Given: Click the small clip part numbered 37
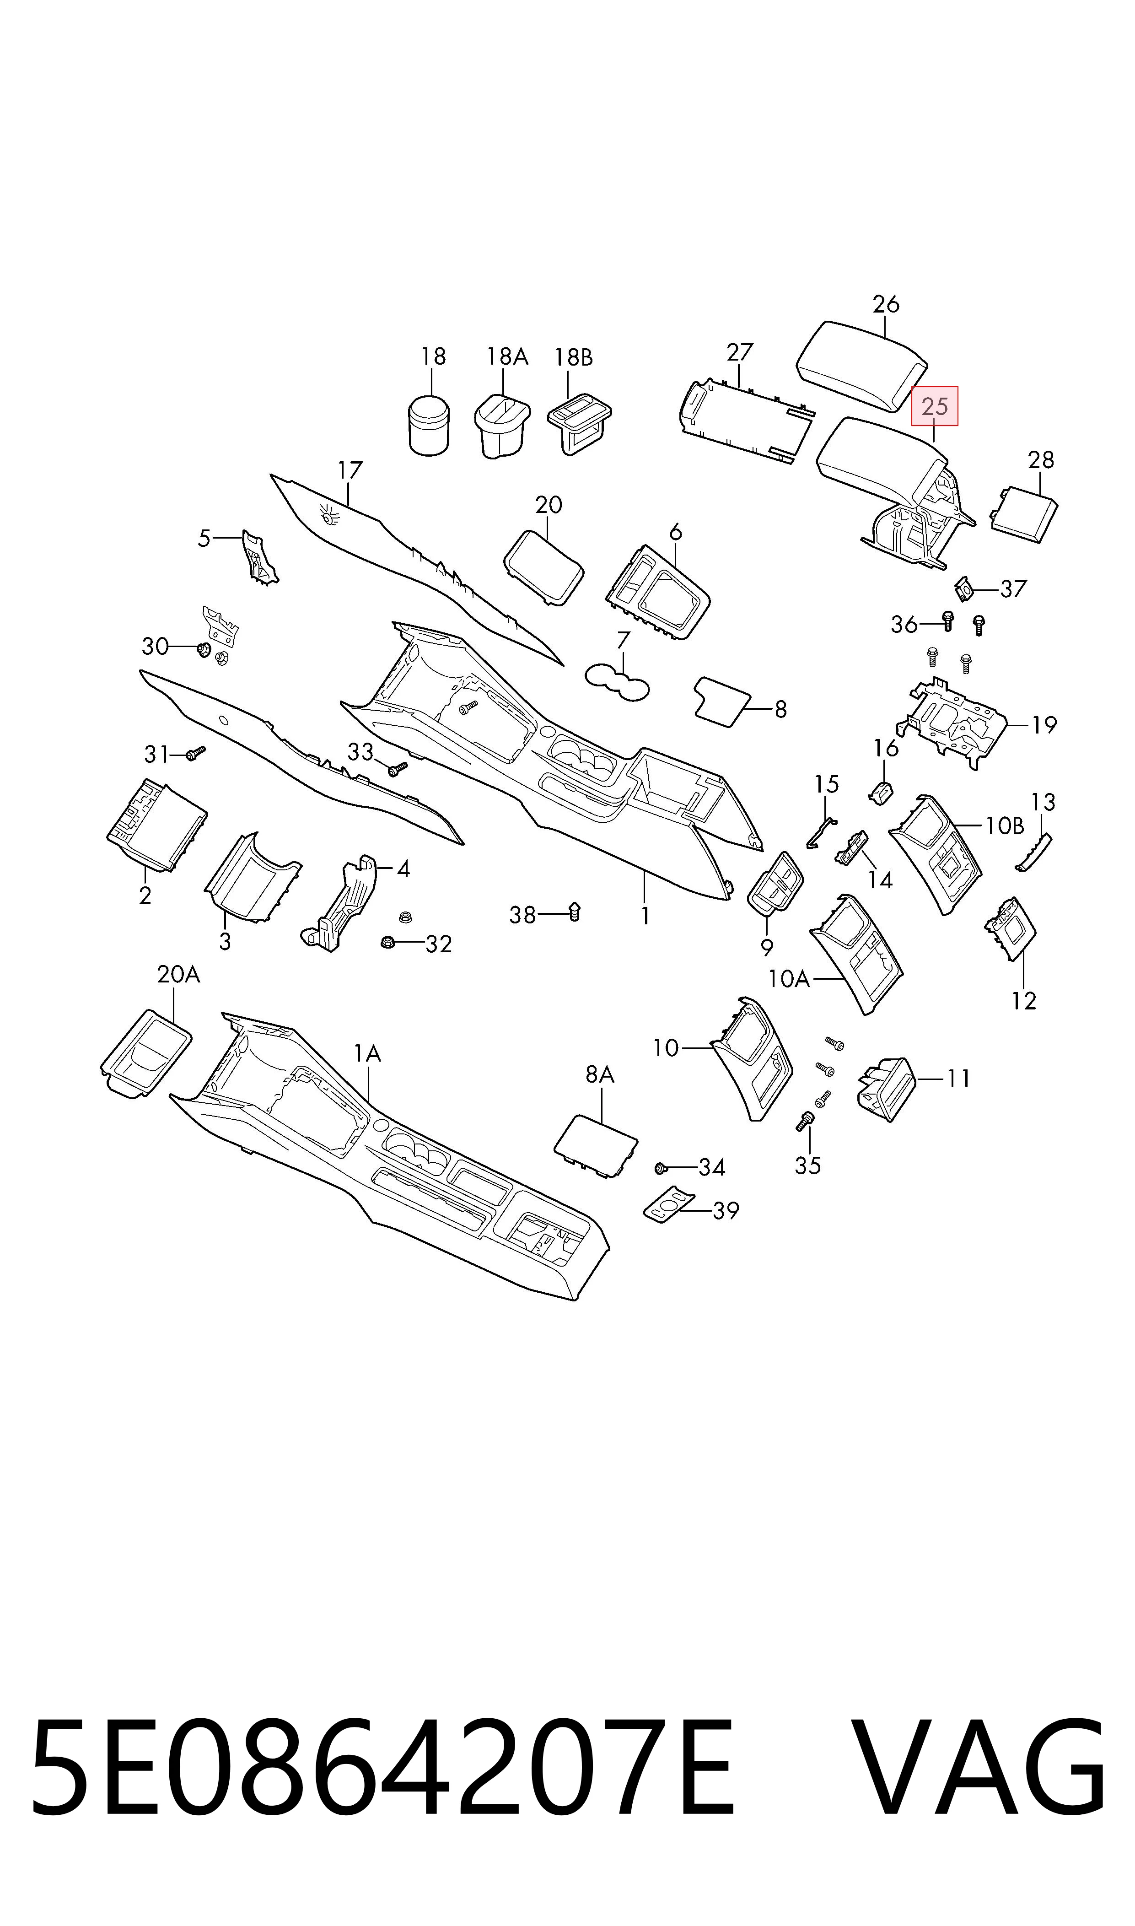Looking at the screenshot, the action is [x=964, y=589].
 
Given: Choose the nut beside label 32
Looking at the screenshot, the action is [x=388, y=942].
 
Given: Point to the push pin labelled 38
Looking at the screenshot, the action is [x=575, y=912].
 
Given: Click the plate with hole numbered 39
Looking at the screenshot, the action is [x=669, y=1206].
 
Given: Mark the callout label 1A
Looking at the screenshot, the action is [x=367, y=1053].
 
